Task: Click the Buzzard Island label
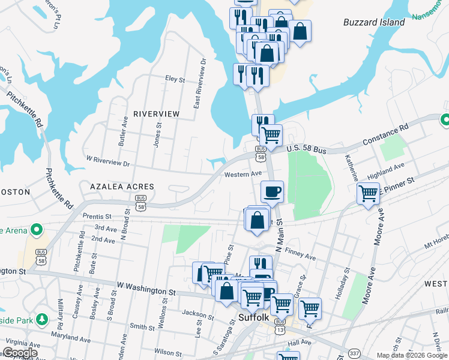(374, 22)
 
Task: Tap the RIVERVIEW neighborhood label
(156, 113)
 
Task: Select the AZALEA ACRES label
(122, 187)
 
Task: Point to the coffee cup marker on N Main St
(272, 192)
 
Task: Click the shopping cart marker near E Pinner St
(368, 194)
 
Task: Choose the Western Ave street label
(243, 175)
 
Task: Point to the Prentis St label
(97, 216)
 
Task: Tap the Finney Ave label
(301, 256)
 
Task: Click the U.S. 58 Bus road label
(306, 149)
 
